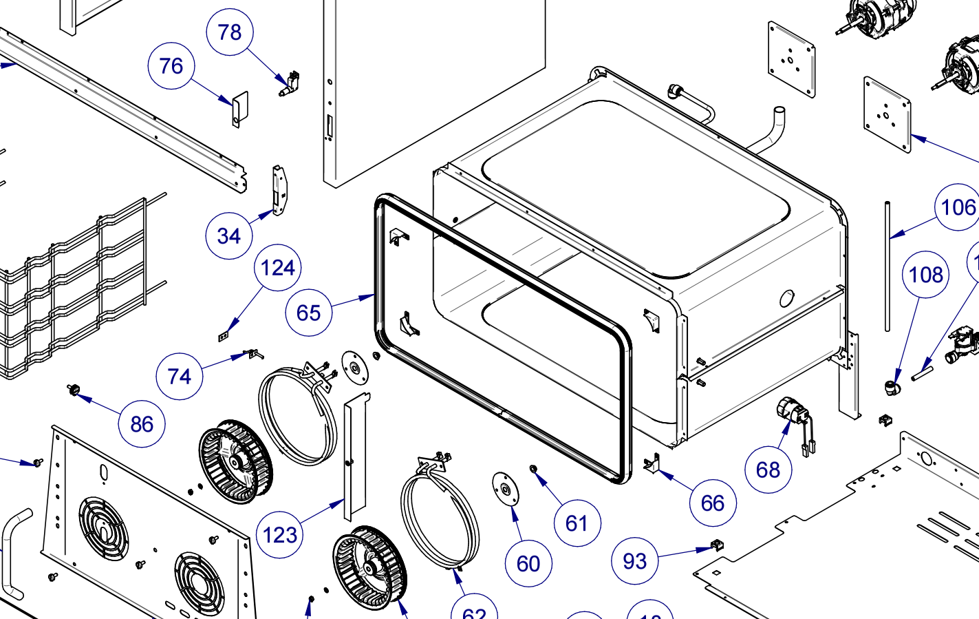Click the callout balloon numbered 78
[230, 32]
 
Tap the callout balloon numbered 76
[171, 66]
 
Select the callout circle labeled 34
[229, 236]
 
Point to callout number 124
[278, 268]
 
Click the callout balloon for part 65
[309, 313]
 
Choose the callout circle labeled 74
[180, 377]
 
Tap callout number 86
[142, 424]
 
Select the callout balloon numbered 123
[280, 535]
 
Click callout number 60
[528, 564]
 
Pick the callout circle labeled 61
[577, 523]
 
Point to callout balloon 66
[713, 503]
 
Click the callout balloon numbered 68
[768, 470]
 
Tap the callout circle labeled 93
[635, 561]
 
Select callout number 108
[925, 275]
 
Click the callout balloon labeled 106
[958, 207]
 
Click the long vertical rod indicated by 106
[887, 269]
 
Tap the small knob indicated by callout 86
[73, 390]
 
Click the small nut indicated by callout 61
[532, 469]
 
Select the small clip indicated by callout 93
[718, 545]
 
